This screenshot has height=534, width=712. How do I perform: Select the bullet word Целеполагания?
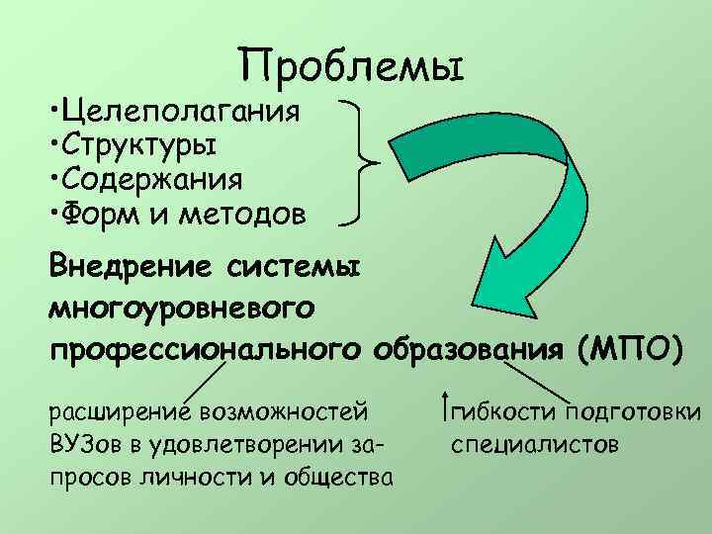[x=183, y=110]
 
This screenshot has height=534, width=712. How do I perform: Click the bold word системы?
[x=297, y=269]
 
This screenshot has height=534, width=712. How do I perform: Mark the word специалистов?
[x=535, y=444]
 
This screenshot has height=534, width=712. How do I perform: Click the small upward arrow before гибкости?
[x=446, y=406]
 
